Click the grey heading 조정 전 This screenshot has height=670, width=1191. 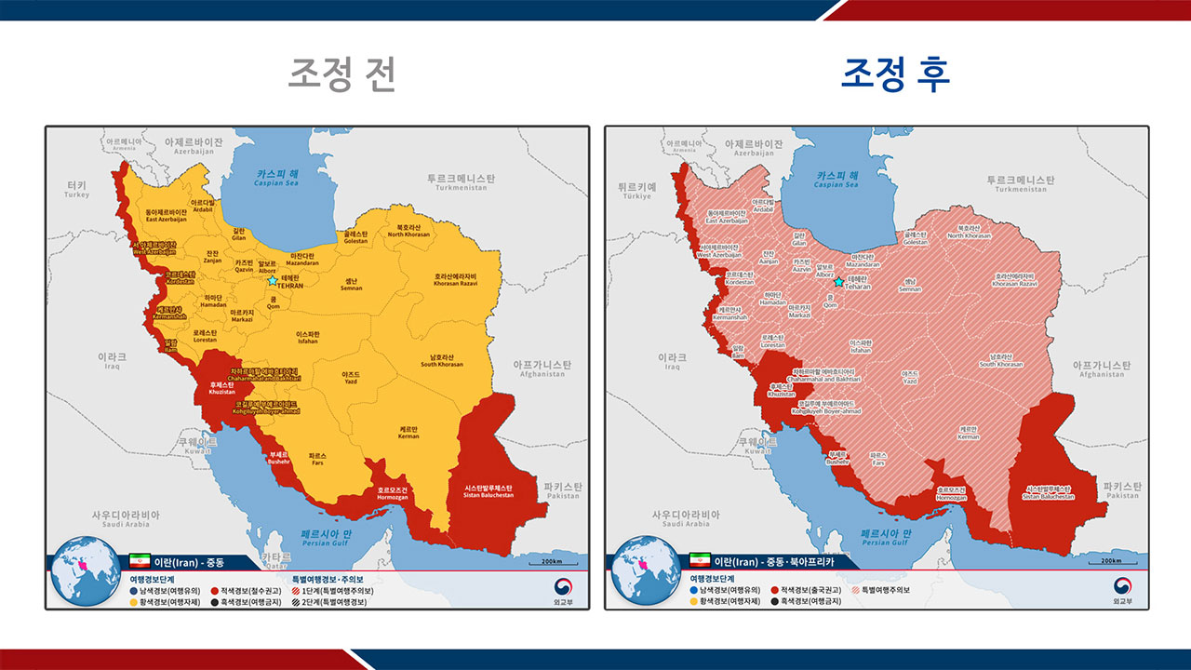(341, 74)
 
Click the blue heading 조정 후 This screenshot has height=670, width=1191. (895, 74)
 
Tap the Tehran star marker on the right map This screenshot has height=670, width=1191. (838, 282)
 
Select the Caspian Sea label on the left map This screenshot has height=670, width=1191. (278, 179)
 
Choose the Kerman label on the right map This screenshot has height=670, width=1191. (969, 433)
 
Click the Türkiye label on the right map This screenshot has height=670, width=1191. (637, 191)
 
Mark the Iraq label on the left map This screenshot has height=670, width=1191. (113, 361)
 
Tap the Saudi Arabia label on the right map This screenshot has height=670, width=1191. (685, 519)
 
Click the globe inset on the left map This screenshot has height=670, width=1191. (83, 569)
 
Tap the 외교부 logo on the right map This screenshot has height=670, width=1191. (1123, 589)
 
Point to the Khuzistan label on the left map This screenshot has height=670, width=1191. (221, 388)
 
